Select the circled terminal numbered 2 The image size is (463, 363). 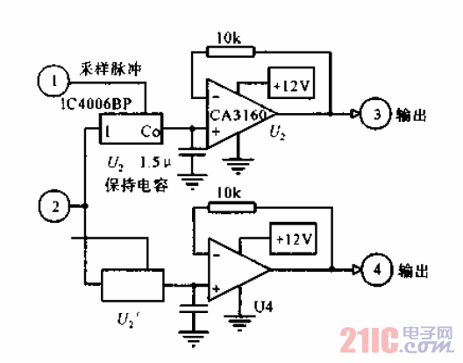pyautogui.click(x=54, y=207)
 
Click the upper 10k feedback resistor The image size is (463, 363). pyautogui.click(x=231, y=51)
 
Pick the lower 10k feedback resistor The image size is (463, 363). pyautogui.click(x=231, y=207)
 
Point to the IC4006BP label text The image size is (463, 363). pyautogui.click(x=95, y=104)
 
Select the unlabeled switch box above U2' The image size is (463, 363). pyautogui.click(x=132, y=286)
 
